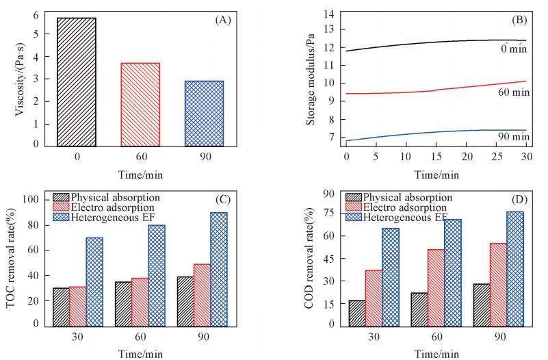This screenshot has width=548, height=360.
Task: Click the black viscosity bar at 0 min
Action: pos(77,82)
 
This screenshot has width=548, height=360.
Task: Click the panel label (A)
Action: pos(223,20)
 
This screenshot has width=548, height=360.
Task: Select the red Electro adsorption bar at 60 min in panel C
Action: pos(140,301)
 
